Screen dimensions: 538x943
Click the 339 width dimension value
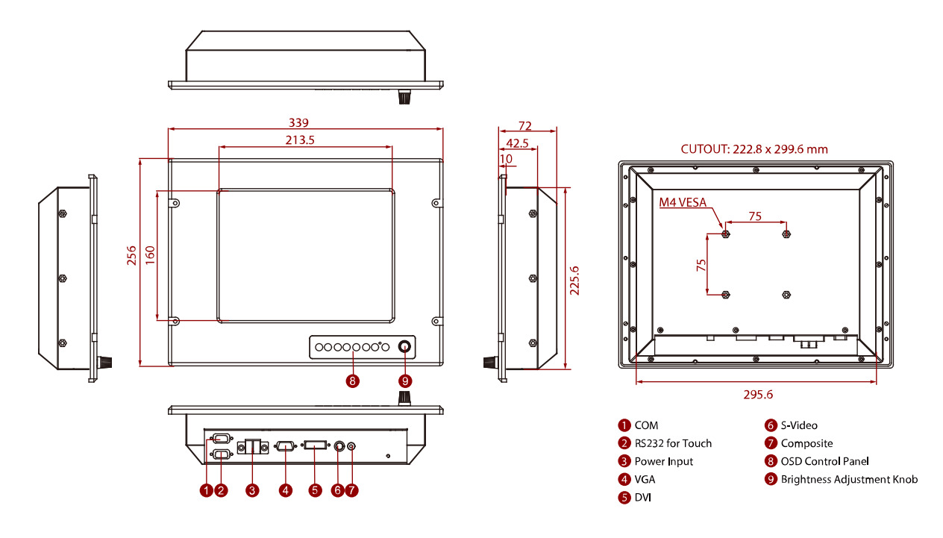point(299,122)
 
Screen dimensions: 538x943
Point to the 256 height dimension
point(132,256)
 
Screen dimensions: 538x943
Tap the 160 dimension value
point(150,256)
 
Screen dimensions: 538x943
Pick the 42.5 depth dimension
point(517,143)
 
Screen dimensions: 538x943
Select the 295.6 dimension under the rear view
point(758,394)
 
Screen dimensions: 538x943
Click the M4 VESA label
point(683,202)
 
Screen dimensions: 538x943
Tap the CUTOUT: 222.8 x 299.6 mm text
point(754,149)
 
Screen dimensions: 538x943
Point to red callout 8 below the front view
point(353,381)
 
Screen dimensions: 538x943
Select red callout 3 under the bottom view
point(253,490)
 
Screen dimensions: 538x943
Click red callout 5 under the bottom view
point(315,490)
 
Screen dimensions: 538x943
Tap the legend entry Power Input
point(663,462)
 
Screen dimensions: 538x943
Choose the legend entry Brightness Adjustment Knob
point(849,480)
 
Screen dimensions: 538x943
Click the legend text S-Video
point(799,425)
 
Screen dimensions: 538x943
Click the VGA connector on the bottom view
point(285,446)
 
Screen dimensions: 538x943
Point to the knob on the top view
point(405,97)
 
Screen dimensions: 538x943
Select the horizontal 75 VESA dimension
point(755,216)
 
